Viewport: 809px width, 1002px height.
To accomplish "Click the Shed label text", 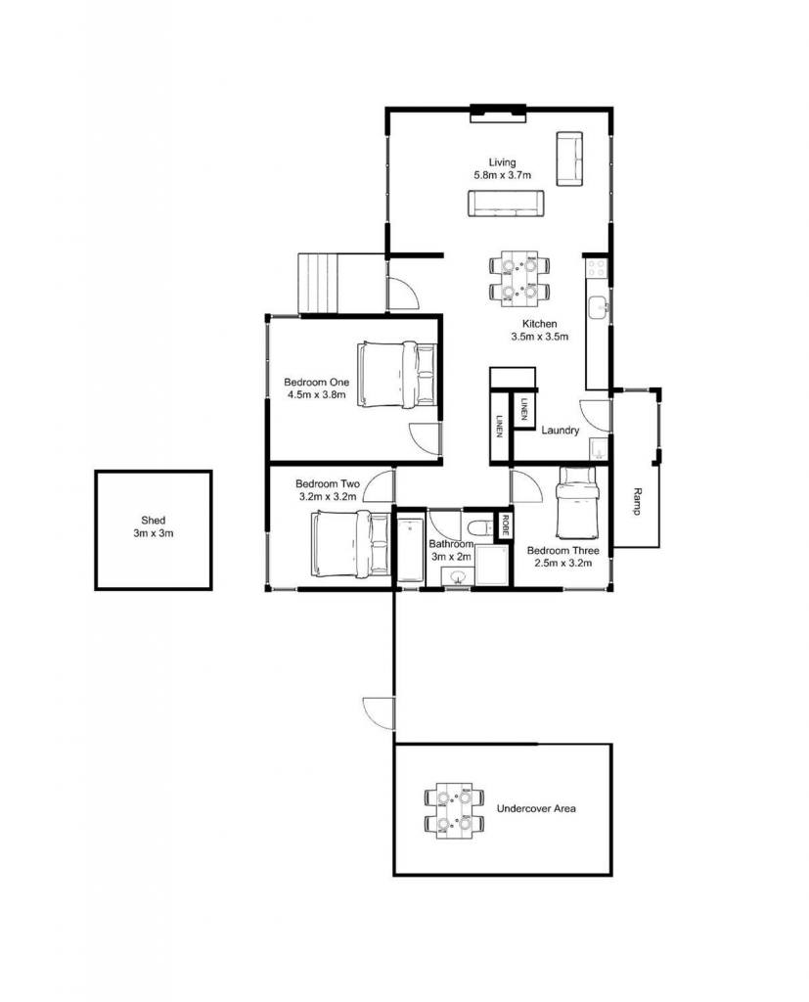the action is (x=154, y=521).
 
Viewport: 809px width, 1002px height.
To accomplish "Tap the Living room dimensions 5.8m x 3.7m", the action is (x=502, y=175).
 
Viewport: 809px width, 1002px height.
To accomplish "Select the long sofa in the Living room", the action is (x=506, y=204).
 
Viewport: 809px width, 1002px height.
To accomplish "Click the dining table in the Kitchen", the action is (x=519, y=276).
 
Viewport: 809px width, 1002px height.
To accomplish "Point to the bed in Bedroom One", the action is (x=397, y=375).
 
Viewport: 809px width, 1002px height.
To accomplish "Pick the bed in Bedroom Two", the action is (x=351, y=543).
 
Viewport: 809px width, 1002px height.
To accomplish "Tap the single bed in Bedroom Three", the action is (x=576, y=503).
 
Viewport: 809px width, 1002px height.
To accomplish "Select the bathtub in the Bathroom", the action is (x=410, y=550).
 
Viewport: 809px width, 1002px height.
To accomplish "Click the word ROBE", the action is (x=505, y=525).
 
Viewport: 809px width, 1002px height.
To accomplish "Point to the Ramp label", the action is (x=637, y=502).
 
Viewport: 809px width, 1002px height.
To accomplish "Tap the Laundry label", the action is (x=560, y=431).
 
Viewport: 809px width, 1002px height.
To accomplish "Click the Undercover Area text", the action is (x=536, y=808).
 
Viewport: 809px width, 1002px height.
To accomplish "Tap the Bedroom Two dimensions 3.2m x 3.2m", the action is (x=327, y=496).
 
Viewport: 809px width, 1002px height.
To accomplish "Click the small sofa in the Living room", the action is (x=569, y=159).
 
